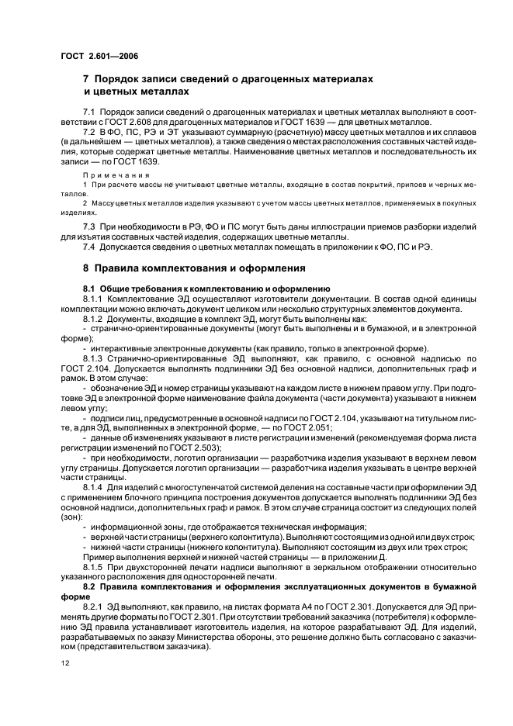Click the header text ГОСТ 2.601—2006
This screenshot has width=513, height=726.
[99, 55]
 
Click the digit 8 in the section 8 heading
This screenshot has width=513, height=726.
[86, 268]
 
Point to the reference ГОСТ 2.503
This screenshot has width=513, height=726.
[197, 448]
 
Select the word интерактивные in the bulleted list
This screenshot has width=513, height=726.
[122, 348]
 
